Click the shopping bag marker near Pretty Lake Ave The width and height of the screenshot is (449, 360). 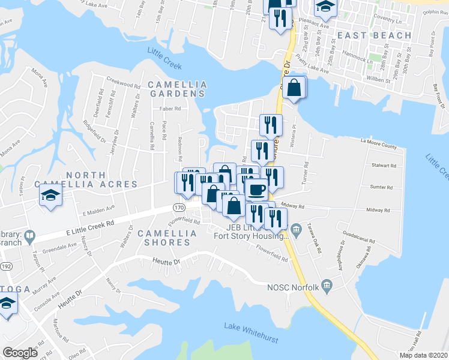(x=294, y=88)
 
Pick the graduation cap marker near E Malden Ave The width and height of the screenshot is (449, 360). (x=51, y=195)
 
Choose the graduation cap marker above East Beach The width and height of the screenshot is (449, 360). (x=326, y=7)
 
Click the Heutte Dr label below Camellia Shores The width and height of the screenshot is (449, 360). (x=167, y=261)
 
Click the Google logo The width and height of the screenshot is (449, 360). (x=20, y=353)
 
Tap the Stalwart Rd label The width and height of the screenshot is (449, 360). (x=384, y=165)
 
